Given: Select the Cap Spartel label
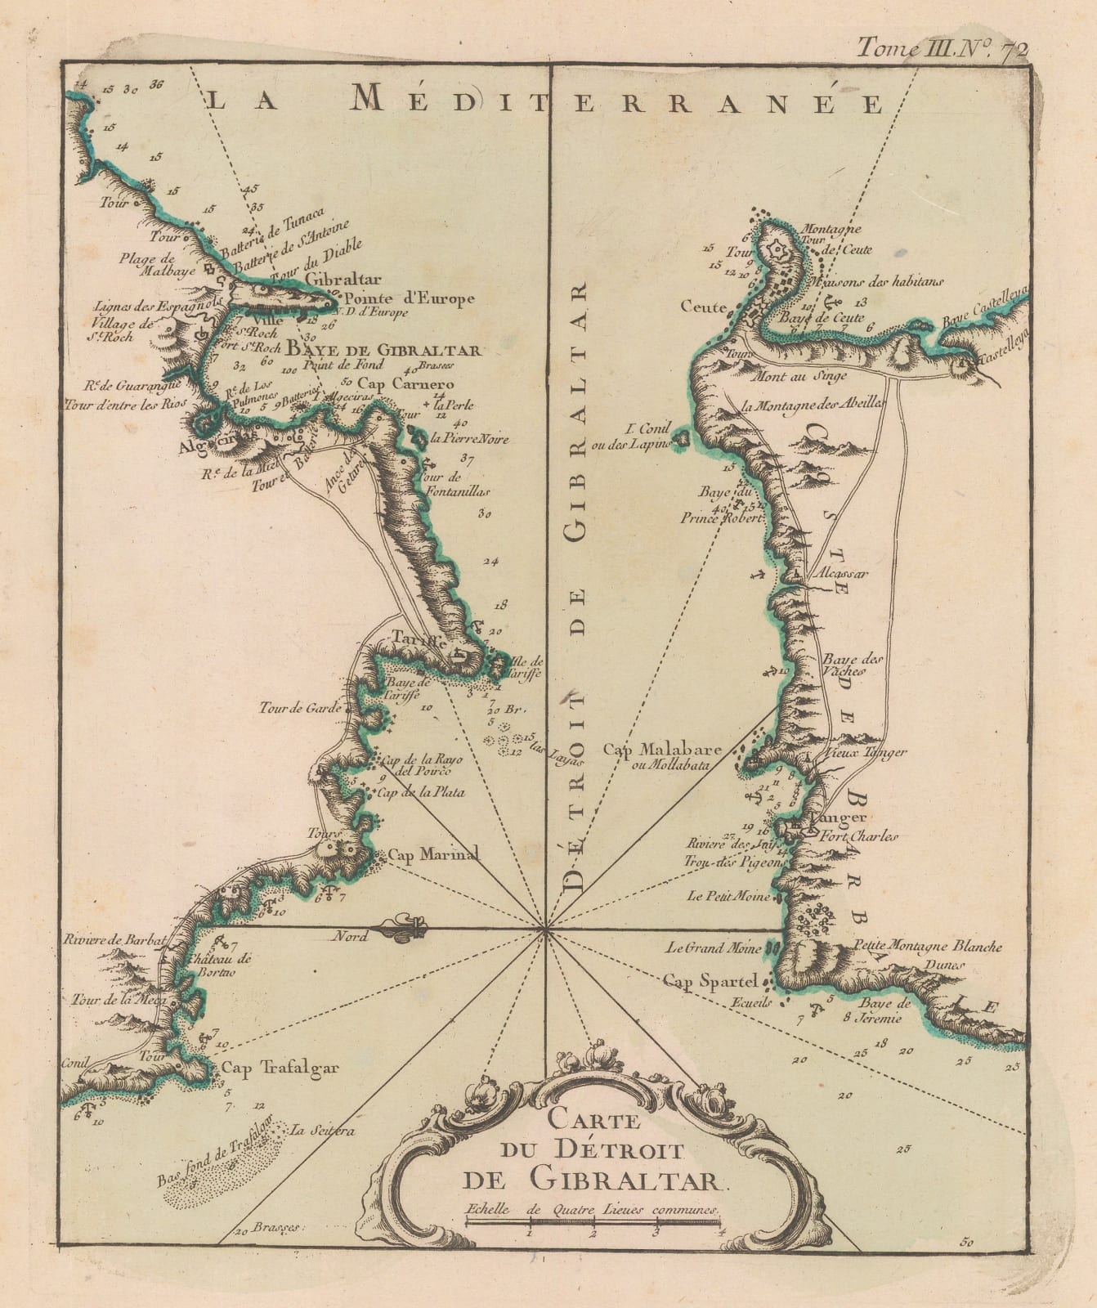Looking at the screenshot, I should point(712,980).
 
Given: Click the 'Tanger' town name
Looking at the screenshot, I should point(826,817).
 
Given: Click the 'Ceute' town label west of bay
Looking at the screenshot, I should point(704,307).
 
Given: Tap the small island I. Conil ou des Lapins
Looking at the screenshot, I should point(680,440).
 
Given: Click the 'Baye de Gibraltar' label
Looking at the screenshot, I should point(383,351).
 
